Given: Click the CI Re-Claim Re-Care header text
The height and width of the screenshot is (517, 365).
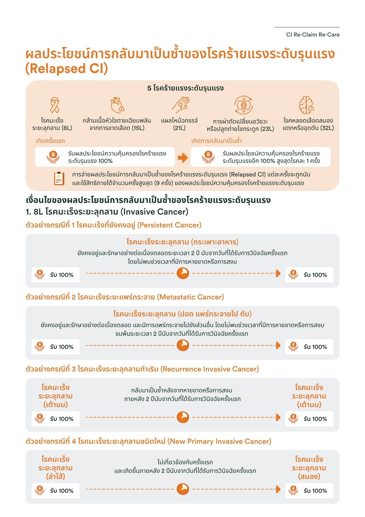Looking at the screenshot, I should coord(313,35).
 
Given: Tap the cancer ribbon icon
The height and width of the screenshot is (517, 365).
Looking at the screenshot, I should coord(55,105).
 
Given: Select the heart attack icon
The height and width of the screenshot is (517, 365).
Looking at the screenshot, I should coord(117,105).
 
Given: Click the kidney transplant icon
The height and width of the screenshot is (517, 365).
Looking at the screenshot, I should coord(243,105).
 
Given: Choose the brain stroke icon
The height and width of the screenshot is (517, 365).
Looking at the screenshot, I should coord(306,105).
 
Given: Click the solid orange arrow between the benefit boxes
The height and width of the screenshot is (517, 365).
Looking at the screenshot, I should coord(183,158).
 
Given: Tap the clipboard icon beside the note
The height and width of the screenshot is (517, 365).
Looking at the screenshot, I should coord(59,178).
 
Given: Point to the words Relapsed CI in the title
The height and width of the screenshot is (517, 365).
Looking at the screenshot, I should coord(67,69).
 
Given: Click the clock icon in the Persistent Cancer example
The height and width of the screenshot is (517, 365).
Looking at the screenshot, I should coord(183,273).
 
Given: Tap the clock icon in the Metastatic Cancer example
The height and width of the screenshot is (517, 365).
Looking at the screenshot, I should coord(183,345).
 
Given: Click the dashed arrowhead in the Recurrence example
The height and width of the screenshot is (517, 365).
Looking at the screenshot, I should coord(278,417).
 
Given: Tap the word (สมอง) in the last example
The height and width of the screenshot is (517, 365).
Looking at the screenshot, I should coord(309,476).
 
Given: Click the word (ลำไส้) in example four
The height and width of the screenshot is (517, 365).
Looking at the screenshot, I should coord(56,476).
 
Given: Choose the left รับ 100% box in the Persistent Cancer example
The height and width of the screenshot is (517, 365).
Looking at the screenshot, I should coord(56,275).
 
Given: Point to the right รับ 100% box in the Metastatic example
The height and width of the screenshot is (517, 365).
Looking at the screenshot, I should coord(309,347).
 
